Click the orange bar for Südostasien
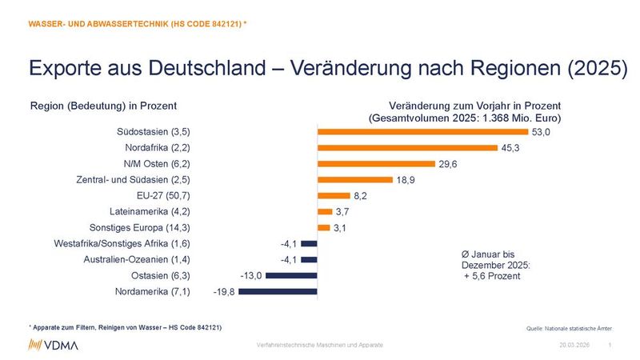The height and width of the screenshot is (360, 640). [x=422, y=131]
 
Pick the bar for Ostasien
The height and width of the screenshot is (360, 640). [x=291, y=275]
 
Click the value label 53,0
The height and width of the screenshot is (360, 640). [x=542, y=132]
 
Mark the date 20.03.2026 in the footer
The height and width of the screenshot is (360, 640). [x=573, y=345]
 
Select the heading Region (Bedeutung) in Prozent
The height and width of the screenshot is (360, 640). [x=103, y=106]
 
